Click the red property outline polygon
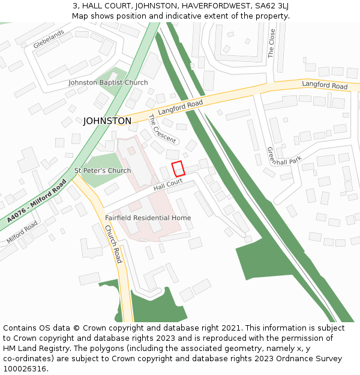coord(178,169)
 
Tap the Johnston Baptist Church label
coord(108,83)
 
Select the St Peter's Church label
coord(103,171)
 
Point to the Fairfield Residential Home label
coord(148,218)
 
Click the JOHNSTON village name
coord(107,121)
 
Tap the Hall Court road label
coord(167,187)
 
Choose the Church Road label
coord(113,244)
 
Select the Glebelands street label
coord(48,40)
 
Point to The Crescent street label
coord(162,129)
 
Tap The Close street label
coord(272,43)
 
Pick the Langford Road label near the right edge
coord(325,86)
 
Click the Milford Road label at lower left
coord(22,233)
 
